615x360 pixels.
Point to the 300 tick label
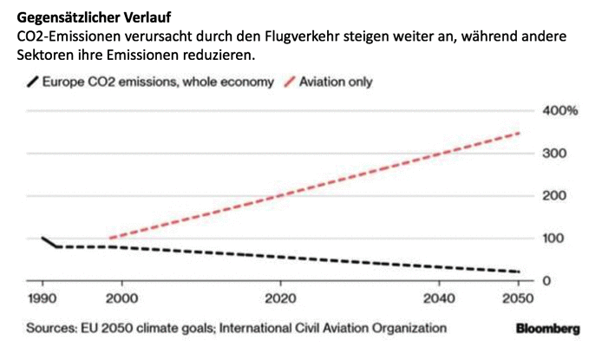pyautogui.click(x=554, y=154)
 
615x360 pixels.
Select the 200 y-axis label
pyautogui.click(x=554, y=196)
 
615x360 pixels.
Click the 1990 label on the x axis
pyautogui.click(x=42, y=298)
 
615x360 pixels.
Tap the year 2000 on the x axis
pyautogui.click(x=122, y=298)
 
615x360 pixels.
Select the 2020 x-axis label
pyautogui.click(x=280, y=298)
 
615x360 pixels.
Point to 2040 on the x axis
pyautogui.click(x=439, y=298)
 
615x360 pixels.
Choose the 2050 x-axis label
pyautogui.click(x=518, y=298)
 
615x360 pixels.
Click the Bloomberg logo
pyautogui.click(x=547, y=329)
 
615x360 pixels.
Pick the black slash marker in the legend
pyautogui.click(x=33, y=82)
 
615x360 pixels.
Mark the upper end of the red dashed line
pyautogui.click(x=519, y=133)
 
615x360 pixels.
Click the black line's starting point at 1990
pyautogui.click(x=42, y=238)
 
